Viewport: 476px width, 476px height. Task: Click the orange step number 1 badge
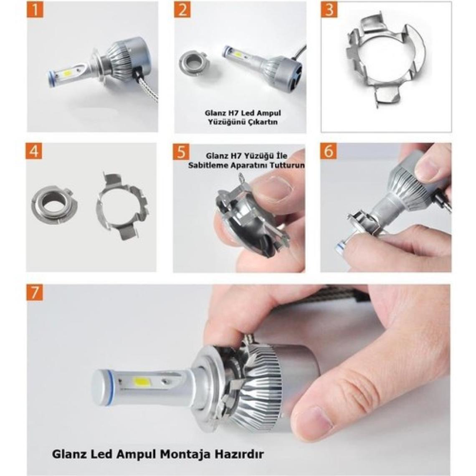[x=35, y=10]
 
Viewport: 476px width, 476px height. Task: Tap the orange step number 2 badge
[x=182, y=10]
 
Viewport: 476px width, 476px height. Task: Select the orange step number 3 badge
[x=329, y=10]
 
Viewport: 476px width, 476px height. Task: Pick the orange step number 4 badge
[x=34, y=151]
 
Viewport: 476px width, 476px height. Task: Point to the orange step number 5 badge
[x=181, y=151]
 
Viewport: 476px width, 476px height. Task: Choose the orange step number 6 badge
[x=329, y=151]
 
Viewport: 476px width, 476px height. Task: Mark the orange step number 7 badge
[x=35, y=292]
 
